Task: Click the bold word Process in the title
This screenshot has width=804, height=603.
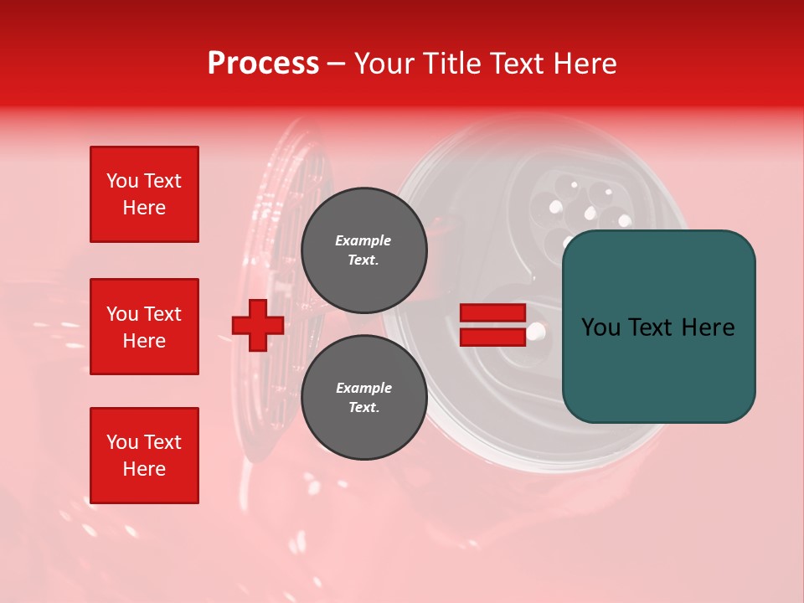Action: (x=263, y=64)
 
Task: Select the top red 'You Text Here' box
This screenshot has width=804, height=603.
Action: (x=144, y=194)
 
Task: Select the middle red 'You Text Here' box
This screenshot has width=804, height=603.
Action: (x=144, y=327)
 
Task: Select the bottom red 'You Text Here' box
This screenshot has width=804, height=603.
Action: (x=144, y=456)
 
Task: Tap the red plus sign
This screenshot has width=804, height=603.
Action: (x=258, y=326)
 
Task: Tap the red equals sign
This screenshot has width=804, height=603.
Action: (x=492, y=325)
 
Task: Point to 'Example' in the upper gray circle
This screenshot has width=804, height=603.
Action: (x=363, y=240)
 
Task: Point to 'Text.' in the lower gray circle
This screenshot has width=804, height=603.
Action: (x=363, y=408)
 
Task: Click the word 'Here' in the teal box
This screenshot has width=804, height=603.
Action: (x=707, y=327)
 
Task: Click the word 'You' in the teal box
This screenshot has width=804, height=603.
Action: (x=601, y=327)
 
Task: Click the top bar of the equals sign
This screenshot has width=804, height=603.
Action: (x=492, y=313)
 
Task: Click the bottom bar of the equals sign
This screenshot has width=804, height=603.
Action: (x=492, y=337)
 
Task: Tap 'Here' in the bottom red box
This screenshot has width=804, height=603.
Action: (x=144, y=469)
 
